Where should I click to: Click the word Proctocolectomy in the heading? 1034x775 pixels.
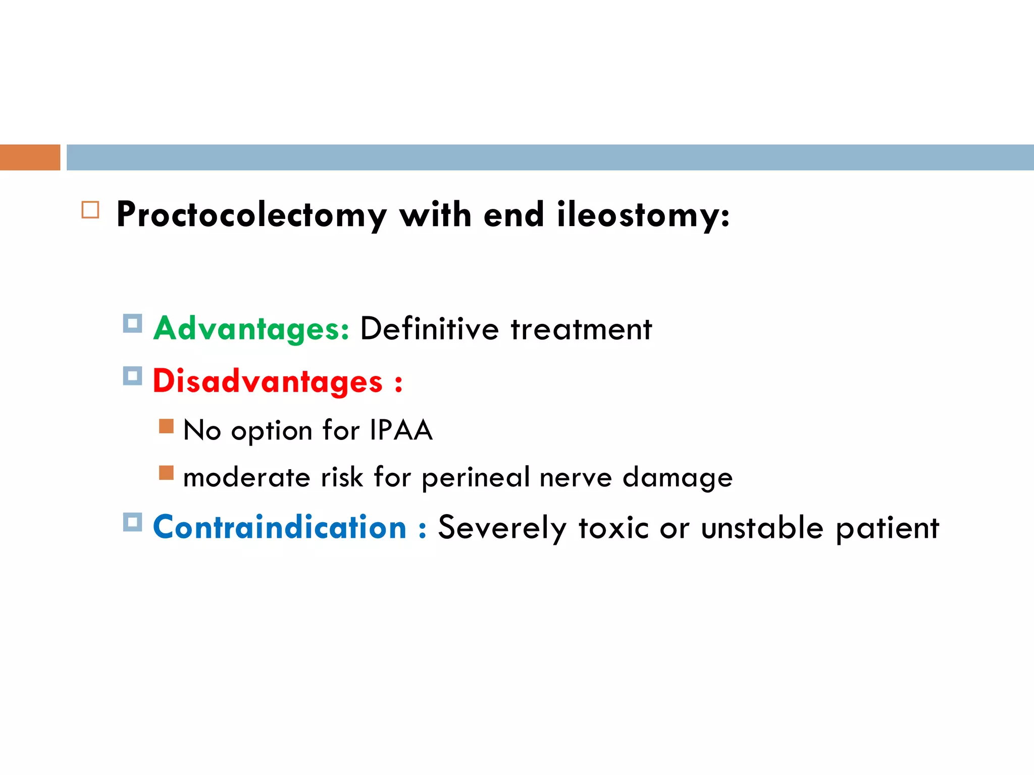251,215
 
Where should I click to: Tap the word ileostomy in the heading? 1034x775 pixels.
643,215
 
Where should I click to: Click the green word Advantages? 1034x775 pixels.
250,329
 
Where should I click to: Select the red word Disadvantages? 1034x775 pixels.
268,381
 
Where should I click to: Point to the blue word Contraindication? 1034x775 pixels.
279,527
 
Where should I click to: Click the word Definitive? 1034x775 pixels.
429,329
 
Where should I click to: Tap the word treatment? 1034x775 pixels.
581,329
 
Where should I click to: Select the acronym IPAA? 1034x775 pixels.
401,430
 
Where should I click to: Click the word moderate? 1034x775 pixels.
246,477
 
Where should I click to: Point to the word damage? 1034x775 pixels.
677,477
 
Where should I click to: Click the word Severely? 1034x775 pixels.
502,528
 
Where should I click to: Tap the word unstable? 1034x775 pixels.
762,528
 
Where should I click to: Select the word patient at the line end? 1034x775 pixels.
887,528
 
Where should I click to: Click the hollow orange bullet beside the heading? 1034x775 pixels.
90,209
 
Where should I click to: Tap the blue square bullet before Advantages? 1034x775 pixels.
132,323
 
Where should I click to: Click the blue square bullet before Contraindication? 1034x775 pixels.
132,522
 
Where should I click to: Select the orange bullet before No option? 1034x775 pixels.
166,426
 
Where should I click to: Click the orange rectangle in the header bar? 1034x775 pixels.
30,157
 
